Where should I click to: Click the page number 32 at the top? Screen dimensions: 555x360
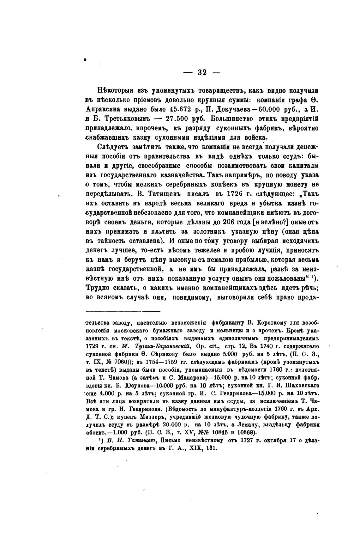click(202, 72)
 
